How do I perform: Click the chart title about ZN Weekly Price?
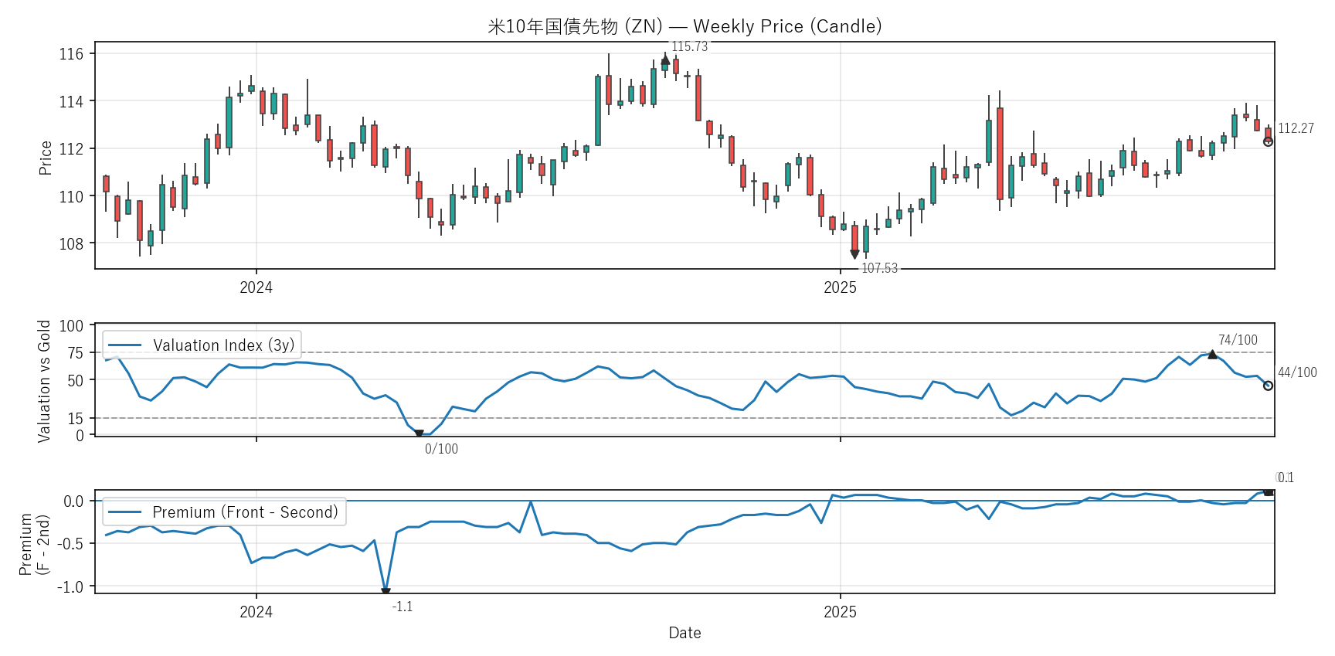684,26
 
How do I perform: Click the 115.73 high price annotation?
689,46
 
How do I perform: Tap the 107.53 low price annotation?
879,268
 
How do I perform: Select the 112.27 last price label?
1296,128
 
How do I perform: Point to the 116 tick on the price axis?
71,54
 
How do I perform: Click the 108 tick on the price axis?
71,243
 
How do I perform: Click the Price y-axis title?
46,158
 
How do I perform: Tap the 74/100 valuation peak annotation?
1238,340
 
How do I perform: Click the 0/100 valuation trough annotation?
441,449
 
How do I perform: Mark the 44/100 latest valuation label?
1297,372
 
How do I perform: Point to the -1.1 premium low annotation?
403,607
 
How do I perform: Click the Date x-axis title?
684,633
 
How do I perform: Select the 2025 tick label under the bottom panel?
840,612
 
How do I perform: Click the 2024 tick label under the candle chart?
256,287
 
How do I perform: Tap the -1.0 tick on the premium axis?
70,586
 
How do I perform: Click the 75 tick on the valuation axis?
75,353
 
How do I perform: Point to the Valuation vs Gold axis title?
44,381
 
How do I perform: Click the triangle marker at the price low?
854,254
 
